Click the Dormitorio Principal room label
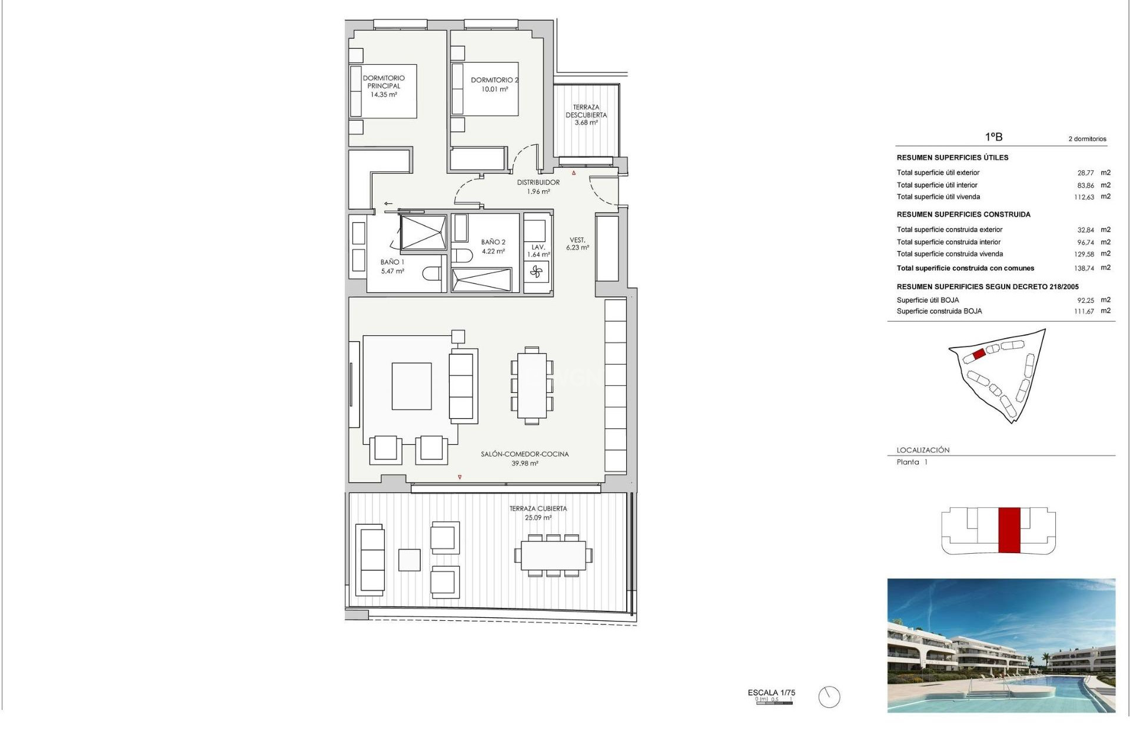click(384, 86)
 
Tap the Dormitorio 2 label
click(494, 84)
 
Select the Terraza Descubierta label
click(586, 115)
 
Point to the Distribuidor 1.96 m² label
click(539, 187)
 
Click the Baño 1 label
click(393, 266)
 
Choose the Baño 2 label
click(493, 246)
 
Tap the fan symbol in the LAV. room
click(536, 272)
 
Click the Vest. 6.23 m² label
click(577, 244)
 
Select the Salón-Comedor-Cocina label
click(524, 458)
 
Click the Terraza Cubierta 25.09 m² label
click(538, 512)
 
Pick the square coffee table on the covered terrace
click(409, 560)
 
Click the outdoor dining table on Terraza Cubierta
click(553, 555)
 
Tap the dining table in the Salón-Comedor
click(531, 386)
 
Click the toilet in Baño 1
click(432, 273)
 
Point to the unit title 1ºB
click(993, 137)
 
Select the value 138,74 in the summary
click(1084, 268)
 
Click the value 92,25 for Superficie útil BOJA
click(1085, 300)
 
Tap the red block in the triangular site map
click(979, 354)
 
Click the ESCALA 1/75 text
click(771, 693)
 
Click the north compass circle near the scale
click(829, 697)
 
